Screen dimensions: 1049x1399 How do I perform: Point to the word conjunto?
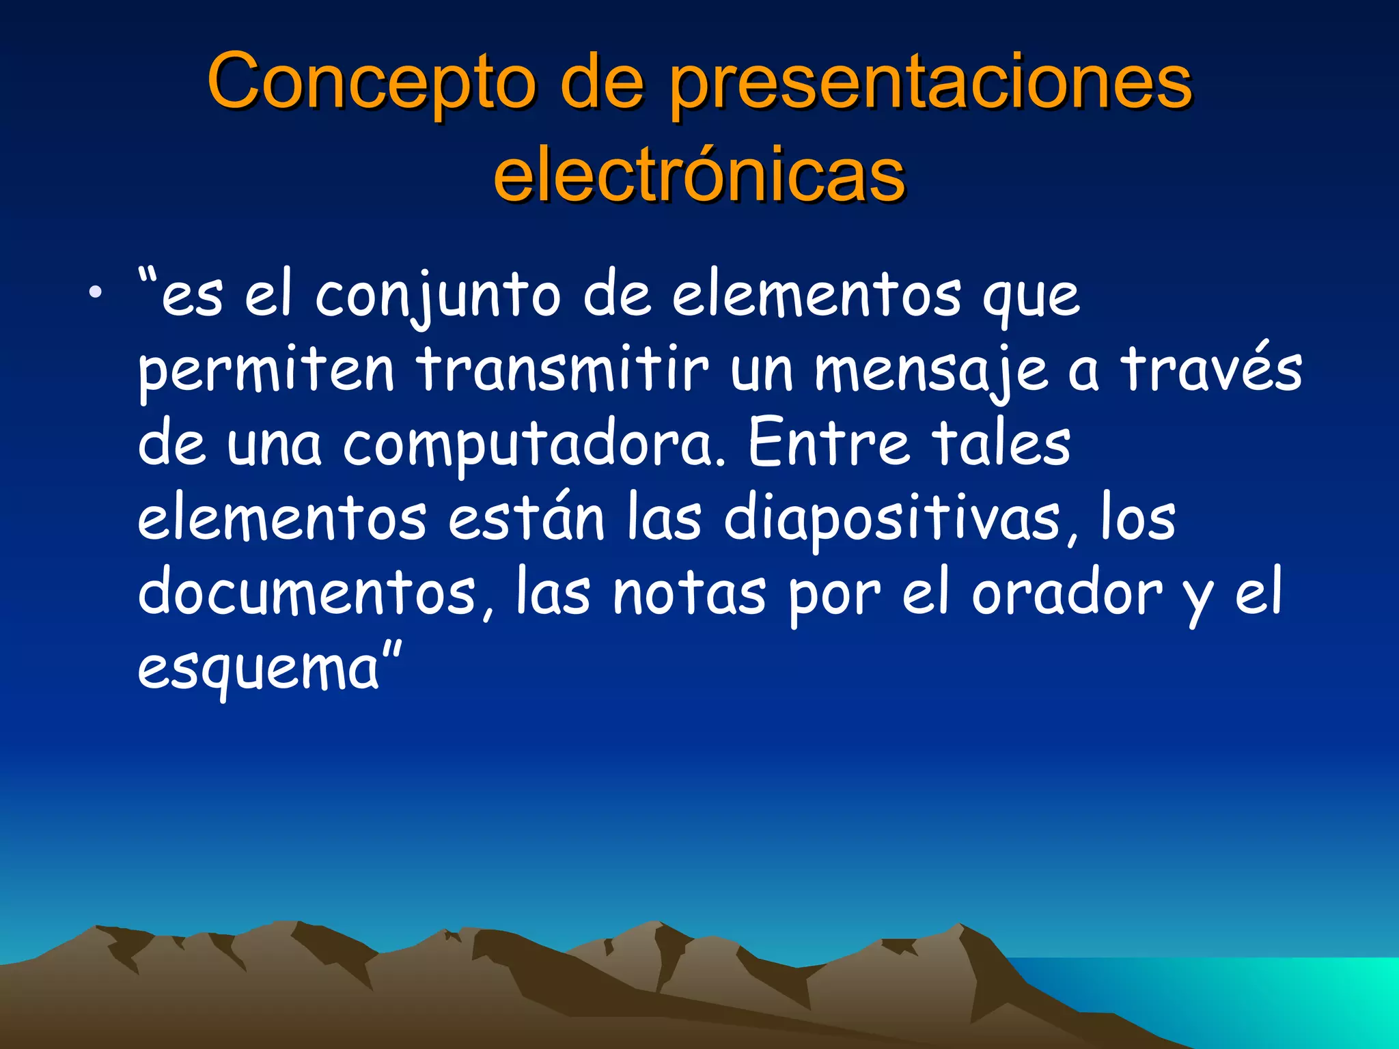(437, 298)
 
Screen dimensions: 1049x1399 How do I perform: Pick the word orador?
(1066, 593)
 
